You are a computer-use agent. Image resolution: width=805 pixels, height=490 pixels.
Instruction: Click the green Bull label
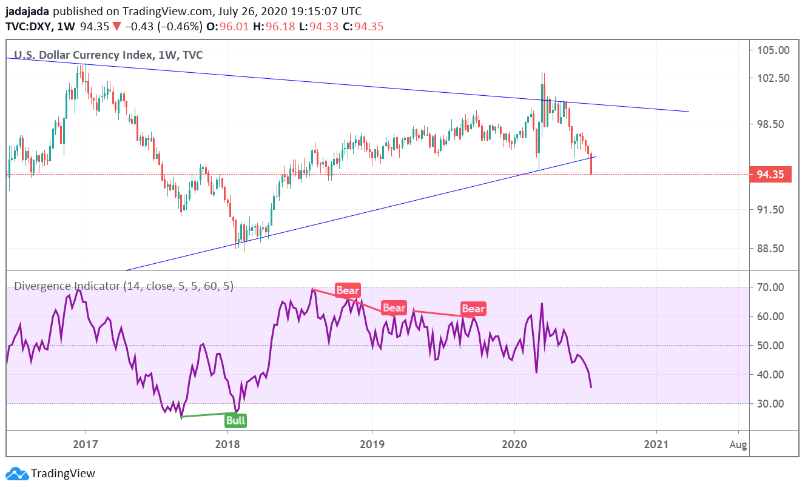(236, 420)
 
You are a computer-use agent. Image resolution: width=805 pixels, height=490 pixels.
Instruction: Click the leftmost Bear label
(348, 290)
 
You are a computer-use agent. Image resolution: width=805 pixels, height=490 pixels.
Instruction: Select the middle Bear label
(393, 308)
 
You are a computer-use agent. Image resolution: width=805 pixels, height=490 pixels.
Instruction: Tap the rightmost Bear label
(473, 309)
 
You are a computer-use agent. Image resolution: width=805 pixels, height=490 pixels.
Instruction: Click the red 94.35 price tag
(770, 175)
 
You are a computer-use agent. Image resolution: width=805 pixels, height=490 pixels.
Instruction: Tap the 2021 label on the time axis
(657, 445)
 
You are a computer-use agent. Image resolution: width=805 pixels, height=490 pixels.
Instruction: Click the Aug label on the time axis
(738, 445)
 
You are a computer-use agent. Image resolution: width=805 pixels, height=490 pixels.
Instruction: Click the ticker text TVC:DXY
(28, 27)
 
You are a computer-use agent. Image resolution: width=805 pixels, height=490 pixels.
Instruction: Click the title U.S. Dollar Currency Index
(82, 55)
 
